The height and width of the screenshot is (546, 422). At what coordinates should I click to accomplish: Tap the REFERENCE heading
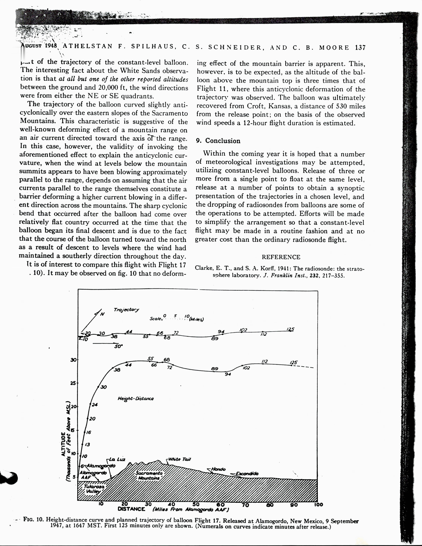[x=281, y=257]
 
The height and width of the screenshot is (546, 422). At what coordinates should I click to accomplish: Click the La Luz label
[x=117, y=459]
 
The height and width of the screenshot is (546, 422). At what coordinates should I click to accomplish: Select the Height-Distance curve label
[x=136, y=399]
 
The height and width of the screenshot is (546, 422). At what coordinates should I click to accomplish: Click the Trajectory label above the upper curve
[x=126, y=310]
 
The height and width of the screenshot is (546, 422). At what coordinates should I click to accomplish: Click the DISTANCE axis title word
[x=131, y=509]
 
